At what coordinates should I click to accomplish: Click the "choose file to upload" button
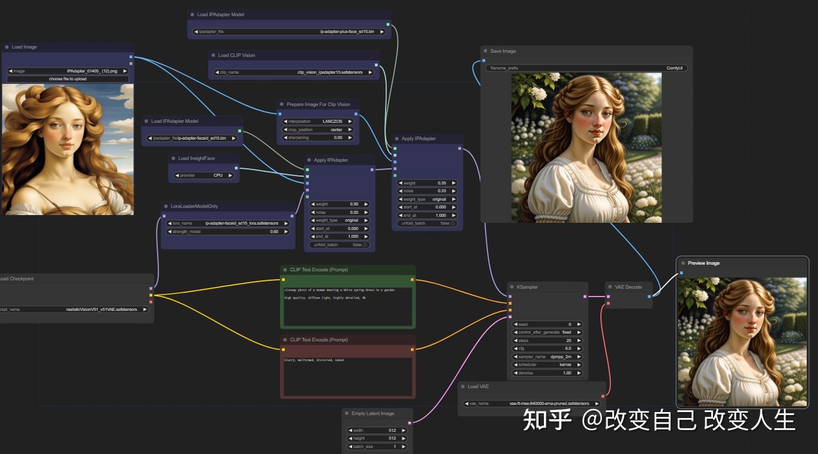(x=68, y=79)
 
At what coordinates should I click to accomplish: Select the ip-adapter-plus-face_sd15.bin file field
(x=290, y=31)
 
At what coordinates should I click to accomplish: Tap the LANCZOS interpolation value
(x=317, y=121)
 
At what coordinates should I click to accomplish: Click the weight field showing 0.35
(x=428, y=183)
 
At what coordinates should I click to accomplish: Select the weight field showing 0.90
(x=339, y=204)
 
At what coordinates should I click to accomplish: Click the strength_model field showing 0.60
(x=228, y=231)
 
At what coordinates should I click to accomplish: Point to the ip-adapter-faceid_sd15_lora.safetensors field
(x=228, y=223)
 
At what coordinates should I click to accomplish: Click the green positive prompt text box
(x=348, y=307)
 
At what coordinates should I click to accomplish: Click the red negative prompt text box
(x=348, y=376)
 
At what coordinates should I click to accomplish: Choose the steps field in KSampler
(x=548, y=340)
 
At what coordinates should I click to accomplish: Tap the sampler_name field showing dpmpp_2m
(x=548, y=356)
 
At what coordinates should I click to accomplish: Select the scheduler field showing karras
(x=548, y=364)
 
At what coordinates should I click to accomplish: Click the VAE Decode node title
(x=628, y=287)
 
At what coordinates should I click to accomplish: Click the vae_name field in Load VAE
(x=531, y=404)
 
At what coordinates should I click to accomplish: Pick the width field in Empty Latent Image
(x=377, y=430)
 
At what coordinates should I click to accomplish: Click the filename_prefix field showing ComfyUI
(x=587, y=68)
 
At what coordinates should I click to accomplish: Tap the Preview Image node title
(x=703, y=263)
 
